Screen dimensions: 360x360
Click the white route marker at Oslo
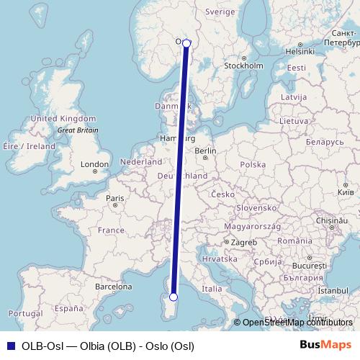pyautogui.click(x=186, y=43)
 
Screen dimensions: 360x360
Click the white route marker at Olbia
pyautogui.click(x=173, y=297)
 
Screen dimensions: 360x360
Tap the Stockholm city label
pyautogui.click(x=243, y=66)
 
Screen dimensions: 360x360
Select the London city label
pyautogui.click(x=94, y=165)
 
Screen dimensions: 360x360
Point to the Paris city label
pyautogui.click(x=115, y=198)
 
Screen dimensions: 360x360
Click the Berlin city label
pyautogui.click(x=205, y=151)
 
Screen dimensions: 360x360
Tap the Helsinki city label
pyautogui.click(x=300, y=52)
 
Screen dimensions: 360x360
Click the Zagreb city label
pyautogui.click(x=243, y=243)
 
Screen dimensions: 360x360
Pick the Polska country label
pyautogui.click(x=253, y=165)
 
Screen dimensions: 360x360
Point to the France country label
pyautogui.click(x=112, y=230)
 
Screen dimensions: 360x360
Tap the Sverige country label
pyautogui.click(x=220, y=12)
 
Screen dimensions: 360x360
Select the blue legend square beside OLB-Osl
pyautogui.click(x=10, y=345)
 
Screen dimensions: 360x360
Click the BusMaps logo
pyautogui.click(x=325, y=345)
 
